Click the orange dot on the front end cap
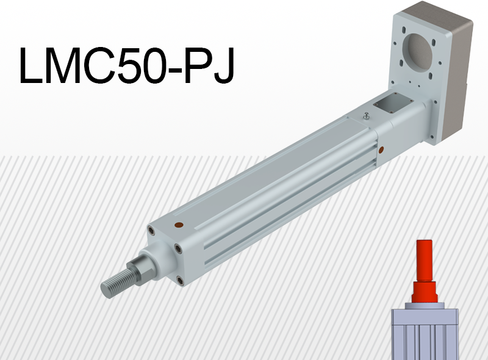pyautogui.click(x=178, y=225)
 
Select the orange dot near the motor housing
pyautogui.click(x=382, y=149)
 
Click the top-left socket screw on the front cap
pyautogui.click(x=150, y=230)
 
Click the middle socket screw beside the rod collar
pyautogui.click(x=177, y=248)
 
